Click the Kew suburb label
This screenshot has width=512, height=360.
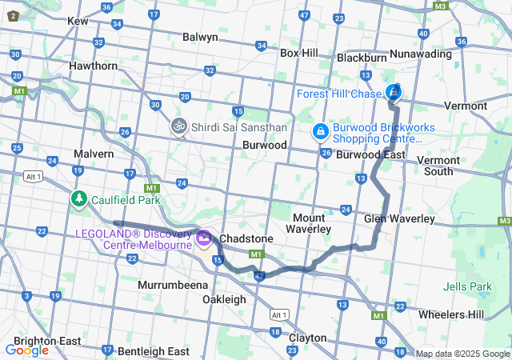[x=78, y=22]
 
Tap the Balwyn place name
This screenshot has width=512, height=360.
[x=200, y=37]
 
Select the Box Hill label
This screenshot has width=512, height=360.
[x=298, y=53]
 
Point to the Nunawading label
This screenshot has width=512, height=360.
[x=420, y=54]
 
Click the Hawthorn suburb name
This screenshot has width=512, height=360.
[x=93, y=66]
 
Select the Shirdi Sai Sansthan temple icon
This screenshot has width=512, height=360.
[x=178, y=126]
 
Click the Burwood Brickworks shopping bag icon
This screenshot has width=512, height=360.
[x=320, y=130]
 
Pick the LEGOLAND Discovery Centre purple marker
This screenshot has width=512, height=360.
[x=203, y=238]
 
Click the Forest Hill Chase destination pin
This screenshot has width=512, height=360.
[x=394, y=92]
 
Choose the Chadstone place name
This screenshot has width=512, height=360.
[x=246, y=239]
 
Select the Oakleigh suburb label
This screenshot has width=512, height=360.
[x=224, y=299]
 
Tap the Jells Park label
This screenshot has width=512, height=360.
[x=468, y=286]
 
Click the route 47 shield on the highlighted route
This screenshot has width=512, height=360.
[x=260, y=276]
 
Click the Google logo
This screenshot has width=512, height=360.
[x=26, y=350]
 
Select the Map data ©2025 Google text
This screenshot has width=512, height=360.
[x=462, y=354]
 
